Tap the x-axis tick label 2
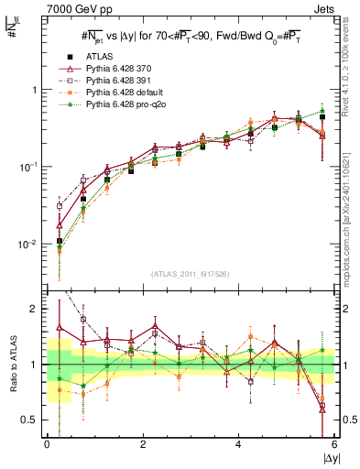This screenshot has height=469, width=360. (143, 444)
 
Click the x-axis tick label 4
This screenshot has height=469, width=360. (239, 444)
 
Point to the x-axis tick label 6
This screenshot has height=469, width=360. (334, 444)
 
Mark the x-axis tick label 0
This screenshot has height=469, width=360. (47, 444)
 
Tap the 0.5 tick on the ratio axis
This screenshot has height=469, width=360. (31, 420)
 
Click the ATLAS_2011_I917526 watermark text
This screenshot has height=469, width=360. (190, 274)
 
